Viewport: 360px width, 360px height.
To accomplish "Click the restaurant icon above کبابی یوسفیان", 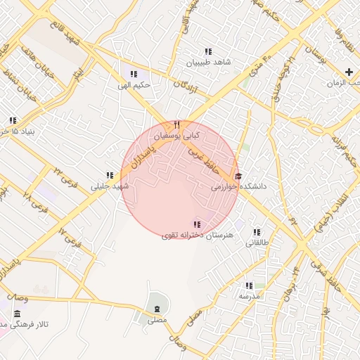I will tap(177, 124).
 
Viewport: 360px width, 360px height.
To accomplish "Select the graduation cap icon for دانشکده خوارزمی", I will tap(238, 176).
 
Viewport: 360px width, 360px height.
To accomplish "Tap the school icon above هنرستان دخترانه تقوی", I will tap(196, 224).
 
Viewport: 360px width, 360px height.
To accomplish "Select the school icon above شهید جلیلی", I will tap(110, 176).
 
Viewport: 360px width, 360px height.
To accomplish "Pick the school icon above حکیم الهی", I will tap(134, 74).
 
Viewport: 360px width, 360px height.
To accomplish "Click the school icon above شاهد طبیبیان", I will tap(208, 51).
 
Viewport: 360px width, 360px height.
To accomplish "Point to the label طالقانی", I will tap(257, 243).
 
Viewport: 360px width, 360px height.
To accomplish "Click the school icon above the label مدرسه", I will tap(248, 285).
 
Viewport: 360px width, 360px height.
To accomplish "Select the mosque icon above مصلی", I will tap(157, 309).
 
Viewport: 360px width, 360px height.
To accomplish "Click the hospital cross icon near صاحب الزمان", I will tap(349, 72).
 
